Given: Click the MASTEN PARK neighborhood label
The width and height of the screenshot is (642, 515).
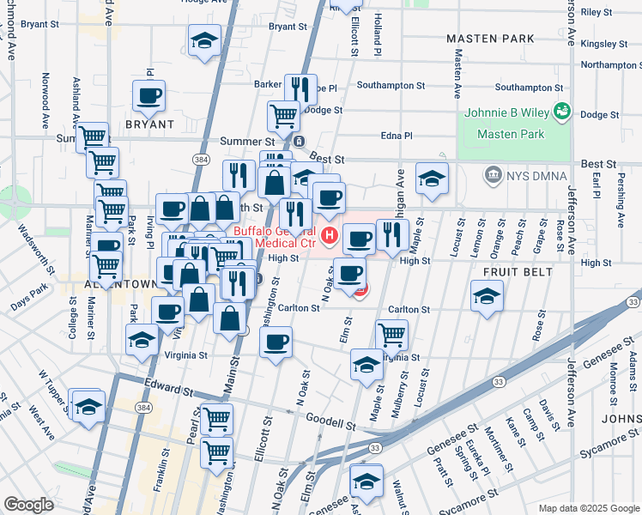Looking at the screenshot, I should coord(490,39).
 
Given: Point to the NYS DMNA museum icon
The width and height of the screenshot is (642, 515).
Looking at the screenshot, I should coord(494,177).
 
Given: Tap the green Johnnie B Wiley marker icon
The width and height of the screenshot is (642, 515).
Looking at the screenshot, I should coord(563,111).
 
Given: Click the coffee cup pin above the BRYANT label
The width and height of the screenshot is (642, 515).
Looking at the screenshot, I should coord(148,96).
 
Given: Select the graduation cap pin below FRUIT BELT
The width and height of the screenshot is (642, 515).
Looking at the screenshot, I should coord(488,296).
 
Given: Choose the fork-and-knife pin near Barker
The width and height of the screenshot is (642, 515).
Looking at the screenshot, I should coord(300,88).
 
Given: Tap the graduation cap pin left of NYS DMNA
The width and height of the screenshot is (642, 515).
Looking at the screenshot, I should coord(432,178).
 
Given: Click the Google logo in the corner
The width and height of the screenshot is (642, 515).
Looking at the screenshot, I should coord(28,505).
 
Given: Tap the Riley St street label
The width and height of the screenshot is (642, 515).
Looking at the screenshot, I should coord(597,12).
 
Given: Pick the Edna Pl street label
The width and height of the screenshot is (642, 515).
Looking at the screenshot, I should coord(397,136).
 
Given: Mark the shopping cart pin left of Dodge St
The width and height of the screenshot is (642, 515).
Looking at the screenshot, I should coord(282,115).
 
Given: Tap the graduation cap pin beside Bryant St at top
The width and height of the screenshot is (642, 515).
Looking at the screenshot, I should coord(204,40).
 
